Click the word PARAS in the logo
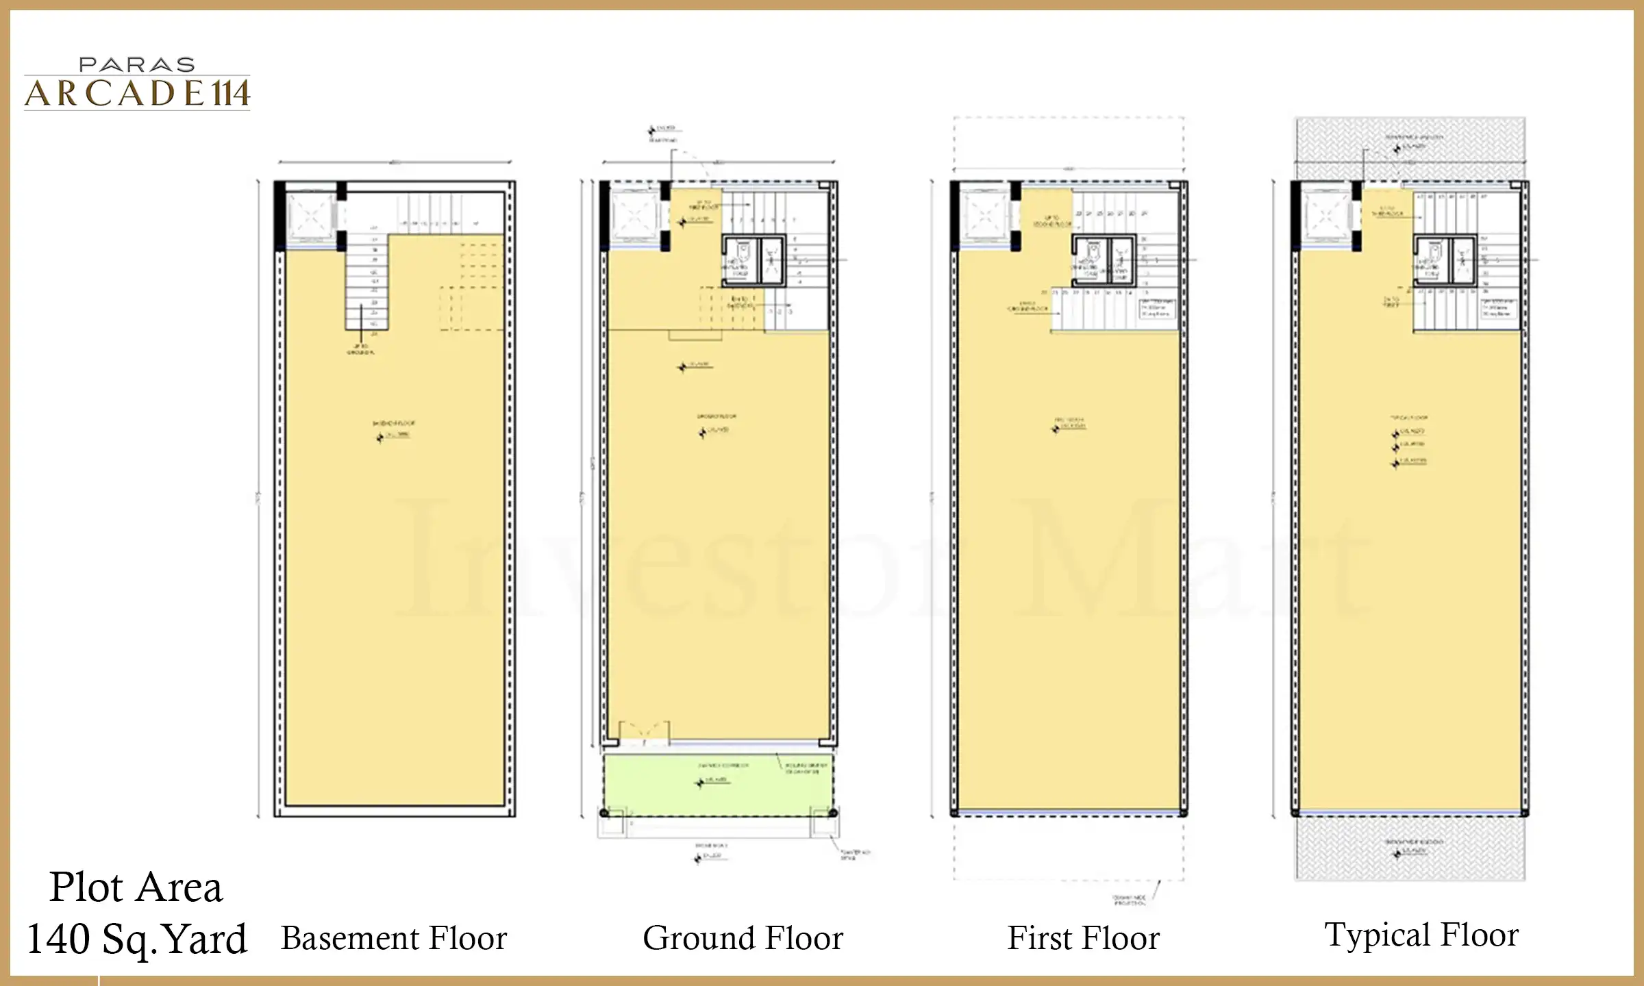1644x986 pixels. tap(137, 65)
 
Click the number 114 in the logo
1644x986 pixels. tap(229, 94)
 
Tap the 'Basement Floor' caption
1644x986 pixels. tap(394, 938)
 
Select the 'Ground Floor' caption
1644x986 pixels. tap(743, 938)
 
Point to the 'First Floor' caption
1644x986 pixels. tap(1083, 938)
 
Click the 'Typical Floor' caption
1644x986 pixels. tap(1421, 935)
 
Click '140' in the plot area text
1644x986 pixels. tap(58, 939)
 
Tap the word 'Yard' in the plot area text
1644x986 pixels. tap(206, 939)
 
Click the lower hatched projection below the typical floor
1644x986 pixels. tap(1409, 849)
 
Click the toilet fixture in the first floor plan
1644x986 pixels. tap(1088, 261)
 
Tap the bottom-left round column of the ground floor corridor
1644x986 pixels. tap(603, 813)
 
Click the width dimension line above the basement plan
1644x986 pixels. tap(395, 162)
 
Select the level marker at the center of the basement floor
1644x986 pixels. tap(380, 438)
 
